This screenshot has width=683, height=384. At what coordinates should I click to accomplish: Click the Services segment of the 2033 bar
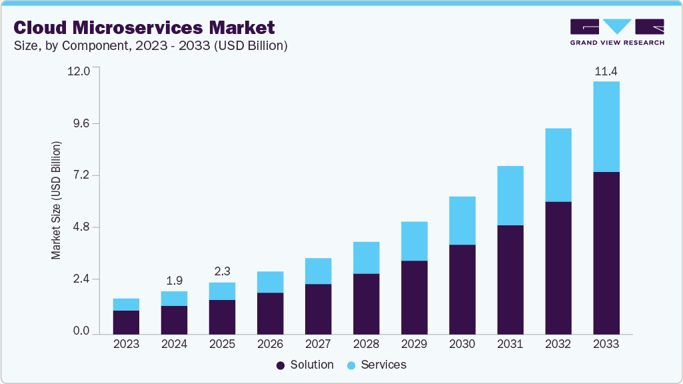click(606, 127)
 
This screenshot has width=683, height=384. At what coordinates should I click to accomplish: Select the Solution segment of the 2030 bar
click(462, 289)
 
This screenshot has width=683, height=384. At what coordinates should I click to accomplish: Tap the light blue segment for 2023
click(126, 304)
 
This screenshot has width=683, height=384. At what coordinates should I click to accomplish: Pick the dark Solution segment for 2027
click(318, 309)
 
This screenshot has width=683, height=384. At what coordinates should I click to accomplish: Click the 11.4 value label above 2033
click(606, 71)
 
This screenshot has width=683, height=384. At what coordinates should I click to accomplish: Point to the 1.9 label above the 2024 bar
click(174, 281)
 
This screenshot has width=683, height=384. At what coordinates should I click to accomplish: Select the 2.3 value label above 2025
click(222, 272)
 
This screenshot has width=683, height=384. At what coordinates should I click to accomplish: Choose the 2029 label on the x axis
click(414, 345)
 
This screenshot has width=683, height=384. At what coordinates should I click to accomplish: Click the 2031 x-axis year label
click(510, 345)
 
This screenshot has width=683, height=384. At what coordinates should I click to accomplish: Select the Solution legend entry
click(305, 365)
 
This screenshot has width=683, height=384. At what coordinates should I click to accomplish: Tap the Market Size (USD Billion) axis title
click(57, 200)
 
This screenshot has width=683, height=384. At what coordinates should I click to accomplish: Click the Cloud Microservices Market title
click(144, 28)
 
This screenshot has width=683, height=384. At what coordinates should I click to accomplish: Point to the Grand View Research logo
click(617, 31)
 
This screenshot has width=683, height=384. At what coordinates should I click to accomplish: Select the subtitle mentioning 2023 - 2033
click(151, 46)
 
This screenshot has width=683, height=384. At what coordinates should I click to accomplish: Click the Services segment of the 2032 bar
click(558, 165)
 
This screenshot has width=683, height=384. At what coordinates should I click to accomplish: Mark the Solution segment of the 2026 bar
click(270, 313)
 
